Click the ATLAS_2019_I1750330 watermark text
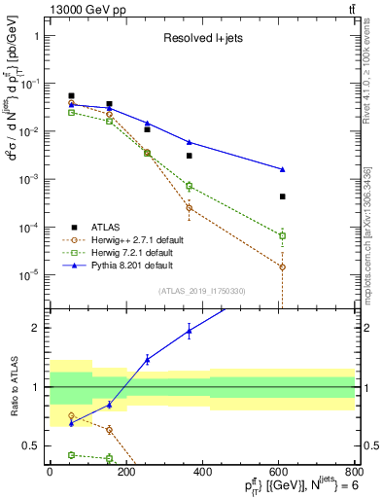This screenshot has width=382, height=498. [x=203, y=291]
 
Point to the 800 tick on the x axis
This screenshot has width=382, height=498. [x=355, y=470]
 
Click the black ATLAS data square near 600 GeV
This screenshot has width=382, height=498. [x=282, y=196]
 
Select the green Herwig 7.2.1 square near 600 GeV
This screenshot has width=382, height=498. [x=282, y=235]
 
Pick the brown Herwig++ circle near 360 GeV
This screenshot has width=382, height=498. [x=190, y=207]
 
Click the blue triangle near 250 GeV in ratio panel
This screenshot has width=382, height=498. [x=148, y=360]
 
